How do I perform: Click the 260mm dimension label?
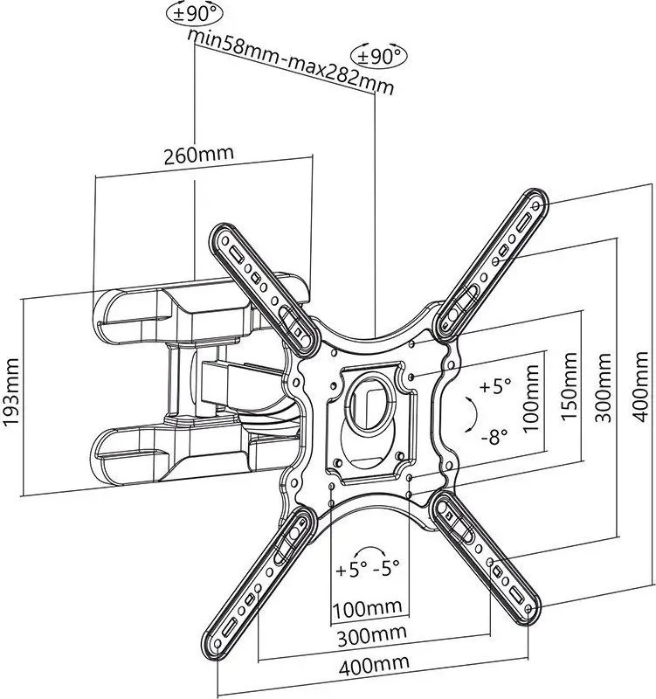tap(199, 155)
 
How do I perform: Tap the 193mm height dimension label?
tap(11, 392)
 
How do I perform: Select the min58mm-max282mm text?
tap(291, 62)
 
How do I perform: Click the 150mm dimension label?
tap(569, 386)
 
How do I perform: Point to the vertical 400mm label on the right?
tap(640, 386)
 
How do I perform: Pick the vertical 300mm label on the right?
tap(604, 387)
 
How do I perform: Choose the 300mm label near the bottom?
tap(371, 635)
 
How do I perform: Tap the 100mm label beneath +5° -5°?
tap(368, 608)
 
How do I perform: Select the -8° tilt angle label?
tap(494, 437)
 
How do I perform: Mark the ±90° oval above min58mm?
tap(195, 14)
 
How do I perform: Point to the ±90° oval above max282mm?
tap(379, 56)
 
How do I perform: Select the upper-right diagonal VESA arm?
tap(492, 266)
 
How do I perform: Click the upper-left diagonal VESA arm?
tap(264, 289)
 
